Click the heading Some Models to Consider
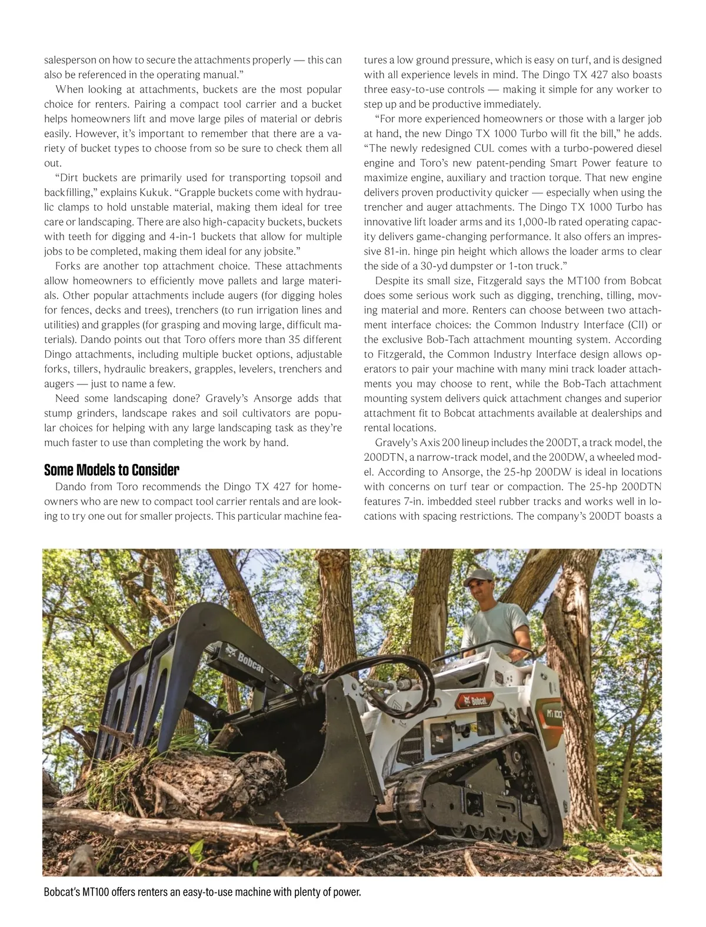coord(111,470)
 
